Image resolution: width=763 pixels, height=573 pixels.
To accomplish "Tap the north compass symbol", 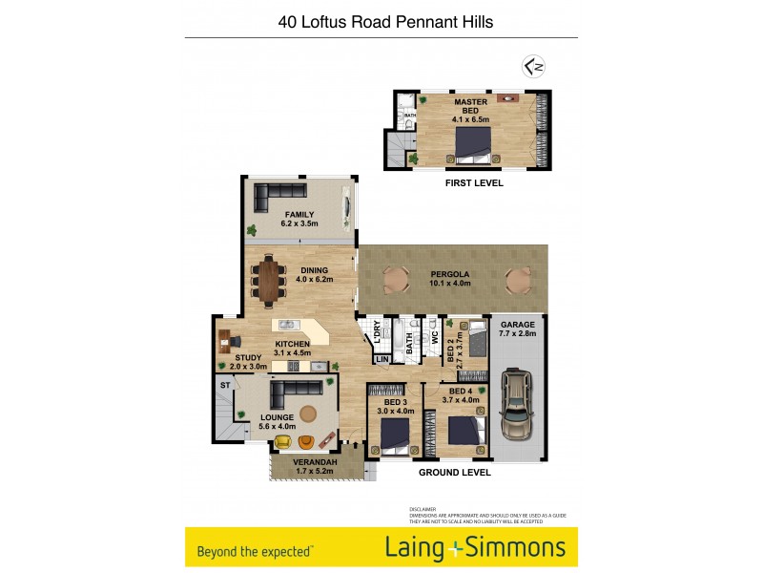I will coord(534,67).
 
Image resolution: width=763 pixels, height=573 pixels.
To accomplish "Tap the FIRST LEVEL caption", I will coord(474,183).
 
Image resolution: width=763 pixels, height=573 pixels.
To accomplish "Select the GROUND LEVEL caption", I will coord(455,472).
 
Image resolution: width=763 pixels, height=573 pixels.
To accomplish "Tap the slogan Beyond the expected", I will coord(256,551).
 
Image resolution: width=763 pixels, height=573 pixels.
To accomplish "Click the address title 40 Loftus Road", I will coord(385,21).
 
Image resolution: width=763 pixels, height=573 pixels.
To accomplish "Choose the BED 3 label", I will coord(395,403).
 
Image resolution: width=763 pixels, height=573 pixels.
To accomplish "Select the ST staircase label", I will coord(225,385).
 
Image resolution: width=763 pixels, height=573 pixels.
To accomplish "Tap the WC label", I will coord(434,336).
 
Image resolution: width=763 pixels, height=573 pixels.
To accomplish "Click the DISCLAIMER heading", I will coord(423,510).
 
